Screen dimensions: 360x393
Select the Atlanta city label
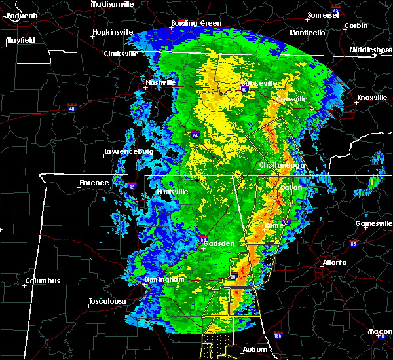[335, 263]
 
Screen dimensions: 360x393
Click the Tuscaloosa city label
[107, 302]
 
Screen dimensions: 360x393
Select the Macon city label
[380, 331]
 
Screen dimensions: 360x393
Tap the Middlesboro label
[371, 50]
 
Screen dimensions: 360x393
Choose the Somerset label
[324, 15]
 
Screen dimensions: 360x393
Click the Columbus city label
[43, 281]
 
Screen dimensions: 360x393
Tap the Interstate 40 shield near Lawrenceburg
[73, 107]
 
